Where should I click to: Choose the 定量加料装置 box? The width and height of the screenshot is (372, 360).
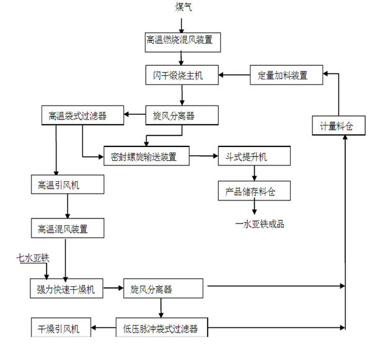pyautogui.click(x=287, y=76)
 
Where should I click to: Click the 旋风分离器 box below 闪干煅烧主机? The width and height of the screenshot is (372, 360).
pyautogui.click(x=182, y=115)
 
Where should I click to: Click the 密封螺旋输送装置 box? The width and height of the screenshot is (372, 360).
pyautogui.click(x=147, y=156)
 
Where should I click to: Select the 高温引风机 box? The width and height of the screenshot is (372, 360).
pyautogui.click(x=68, y=185)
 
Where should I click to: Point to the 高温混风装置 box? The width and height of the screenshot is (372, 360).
pyautogui.click(x=68, y=229)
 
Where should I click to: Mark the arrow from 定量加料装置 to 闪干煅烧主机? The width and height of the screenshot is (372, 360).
pyautogui.click(x=236, y=76)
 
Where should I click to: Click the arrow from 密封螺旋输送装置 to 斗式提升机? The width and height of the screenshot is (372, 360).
pyautogui.click(x=203, y=156)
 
